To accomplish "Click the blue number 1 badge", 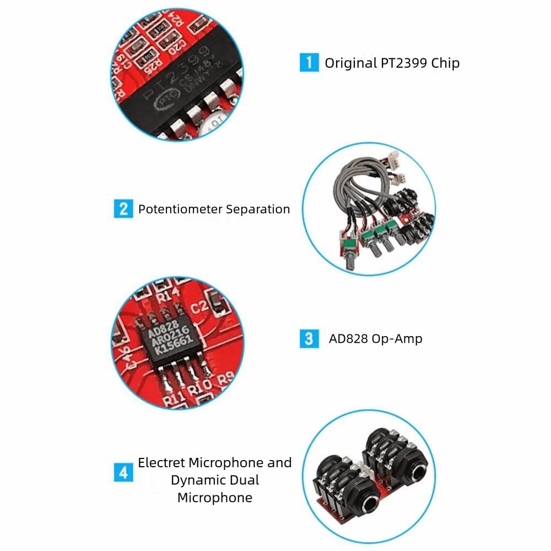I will tap(309, 62).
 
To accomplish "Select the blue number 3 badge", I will tap(309, 338).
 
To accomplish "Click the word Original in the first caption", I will tap(350, 63).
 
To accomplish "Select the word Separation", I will tap(258, 209).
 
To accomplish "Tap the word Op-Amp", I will tap(397, 338).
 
